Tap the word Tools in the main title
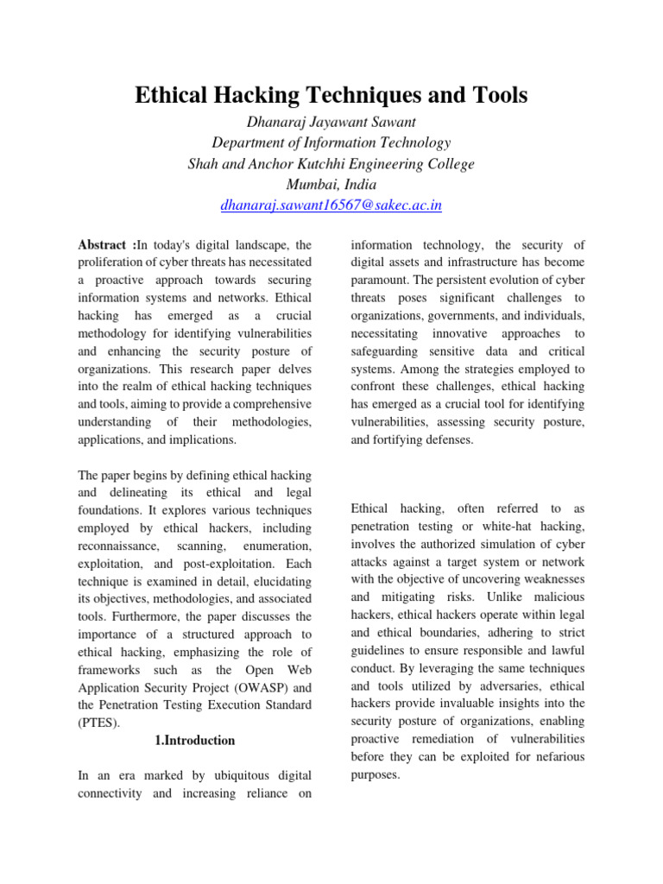pyautogui.click(x=496, y=96)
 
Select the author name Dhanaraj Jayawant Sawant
pyautogui.click(x=331, y=122)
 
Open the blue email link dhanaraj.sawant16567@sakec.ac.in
pyautogui.click(x=331, y=205)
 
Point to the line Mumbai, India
pyautogui.click(x=331, y=184)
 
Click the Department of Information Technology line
pyautogui.click(x=331, y=142)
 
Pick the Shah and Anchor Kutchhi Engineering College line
pyautogui.click(x=331, y=163)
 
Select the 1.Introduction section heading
pyautogui.click(x=194, y=740)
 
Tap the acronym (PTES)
pyautogui.click(x=99, y=723)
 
